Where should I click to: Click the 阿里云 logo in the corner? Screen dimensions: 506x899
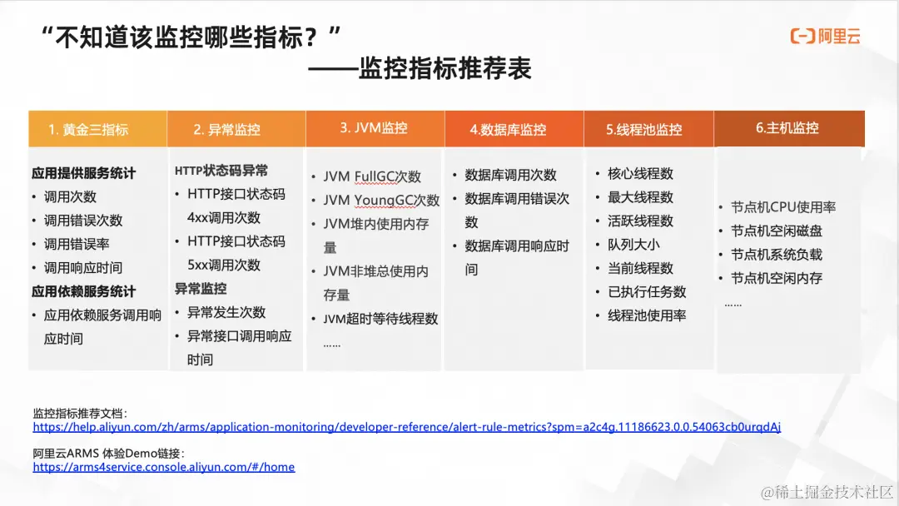(825, 36)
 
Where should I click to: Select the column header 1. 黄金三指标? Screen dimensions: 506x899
(88, 130)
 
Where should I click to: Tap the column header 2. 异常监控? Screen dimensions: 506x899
(226, 130)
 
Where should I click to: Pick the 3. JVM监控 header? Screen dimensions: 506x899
(374, 128)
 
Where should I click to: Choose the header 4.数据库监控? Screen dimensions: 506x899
(508, 130)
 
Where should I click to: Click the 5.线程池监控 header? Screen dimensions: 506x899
(644, 130)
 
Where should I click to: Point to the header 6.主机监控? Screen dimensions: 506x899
(787, 128)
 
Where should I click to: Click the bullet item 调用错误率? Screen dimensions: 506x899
(77, 244)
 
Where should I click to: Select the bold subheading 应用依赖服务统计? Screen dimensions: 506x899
(83, 291)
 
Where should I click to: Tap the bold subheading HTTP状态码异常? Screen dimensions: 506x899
(221, 171)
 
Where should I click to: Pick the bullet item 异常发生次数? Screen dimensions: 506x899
(226, 312)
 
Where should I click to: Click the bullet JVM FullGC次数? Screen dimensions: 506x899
(372, 176)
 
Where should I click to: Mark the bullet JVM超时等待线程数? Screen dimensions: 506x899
(380, 319)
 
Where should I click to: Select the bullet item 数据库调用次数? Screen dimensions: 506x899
(510, 176)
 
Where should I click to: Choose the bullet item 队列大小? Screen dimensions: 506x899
(633, 245)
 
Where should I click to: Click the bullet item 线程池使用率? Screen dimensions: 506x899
(647, 315)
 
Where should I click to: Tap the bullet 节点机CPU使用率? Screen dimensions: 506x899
(783, 207)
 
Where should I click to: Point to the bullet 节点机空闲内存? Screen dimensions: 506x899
(777, 278)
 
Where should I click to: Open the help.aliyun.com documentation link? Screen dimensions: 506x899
(406, 427)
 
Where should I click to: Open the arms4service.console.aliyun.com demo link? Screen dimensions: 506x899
(164, 467)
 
